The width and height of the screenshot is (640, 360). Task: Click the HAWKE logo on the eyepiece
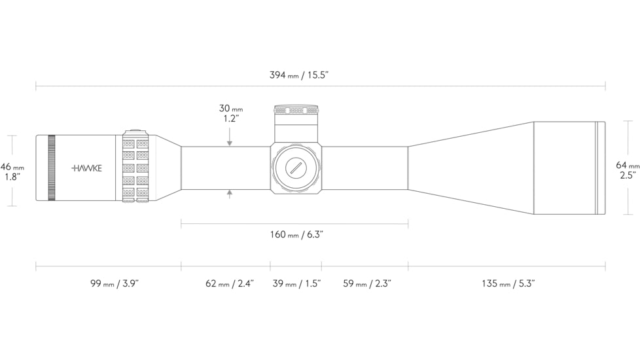click(87, 168)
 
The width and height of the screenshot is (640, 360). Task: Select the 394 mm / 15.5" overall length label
click(299, 75)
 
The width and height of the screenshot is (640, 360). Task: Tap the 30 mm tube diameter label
click(231, 109)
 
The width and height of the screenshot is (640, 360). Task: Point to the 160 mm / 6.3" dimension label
click(296, 235)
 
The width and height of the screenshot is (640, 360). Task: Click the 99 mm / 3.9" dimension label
click(115, 283)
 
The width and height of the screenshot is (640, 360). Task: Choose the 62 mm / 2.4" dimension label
click(230, 283)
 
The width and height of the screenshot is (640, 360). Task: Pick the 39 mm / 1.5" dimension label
click(296, 283)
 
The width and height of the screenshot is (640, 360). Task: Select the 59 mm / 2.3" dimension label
click(367, 283)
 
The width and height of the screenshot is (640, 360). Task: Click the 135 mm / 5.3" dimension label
click(508, 283)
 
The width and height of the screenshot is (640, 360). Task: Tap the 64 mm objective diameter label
click(628, 166)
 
